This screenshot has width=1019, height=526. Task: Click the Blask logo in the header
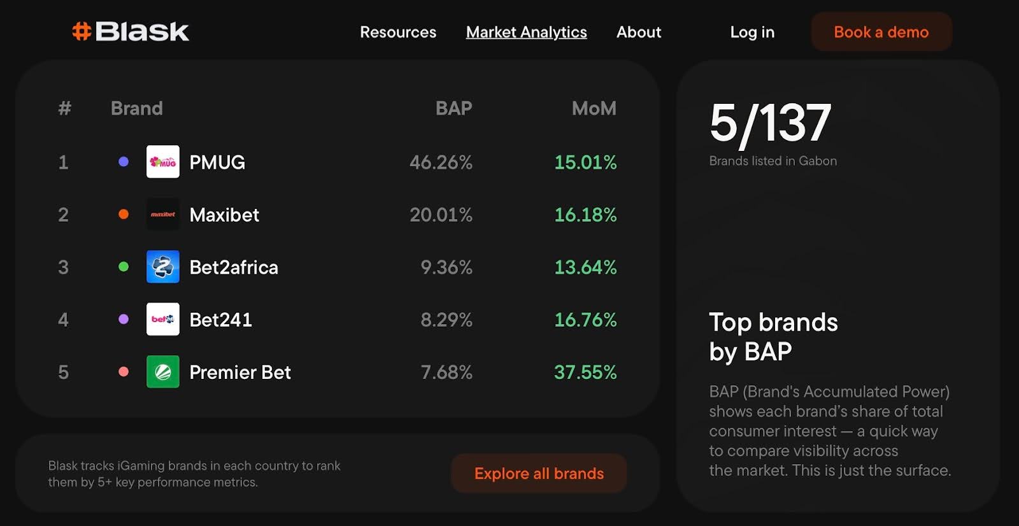[x=131, y=31]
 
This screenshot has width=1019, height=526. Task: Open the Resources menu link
[x=398, y=32]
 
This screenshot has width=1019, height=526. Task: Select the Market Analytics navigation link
[x=526, y=32]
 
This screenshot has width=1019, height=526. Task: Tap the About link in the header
[x=638, y=32]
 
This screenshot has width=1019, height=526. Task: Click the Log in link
[x=752, y=32]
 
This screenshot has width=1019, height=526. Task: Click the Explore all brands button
[x=539, y=473]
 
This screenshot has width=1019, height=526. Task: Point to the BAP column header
[x=453, y=108]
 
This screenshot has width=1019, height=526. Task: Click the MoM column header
[x=594, y=108]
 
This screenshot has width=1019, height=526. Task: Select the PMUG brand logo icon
[x=163, y=162]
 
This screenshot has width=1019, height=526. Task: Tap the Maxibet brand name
[x=224, y=215]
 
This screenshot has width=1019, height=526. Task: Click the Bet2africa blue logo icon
[x=163, y=267]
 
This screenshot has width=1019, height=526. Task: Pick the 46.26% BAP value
[x=441, y=162]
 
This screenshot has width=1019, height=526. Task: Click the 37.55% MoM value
[x=585, y=373]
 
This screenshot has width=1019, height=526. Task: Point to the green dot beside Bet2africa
[x=124, y=267]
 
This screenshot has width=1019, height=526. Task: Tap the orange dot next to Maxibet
[x=124, y=215]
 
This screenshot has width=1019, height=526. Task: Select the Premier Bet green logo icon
[x=163, y=372]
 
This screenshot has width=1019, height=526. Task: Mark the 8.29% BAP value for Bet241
[x=446, y=320]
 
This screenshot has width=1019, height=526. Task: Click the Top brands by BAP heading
[x=773, y=337]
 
